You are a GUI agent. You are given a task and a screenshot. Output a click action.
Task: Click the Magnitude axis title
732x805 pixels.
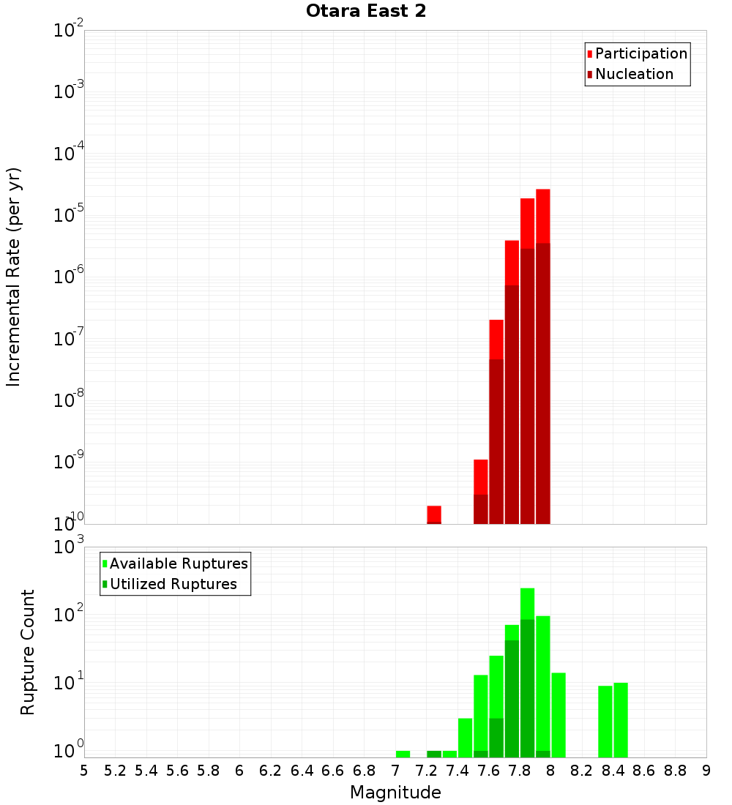click(x=395, y=793)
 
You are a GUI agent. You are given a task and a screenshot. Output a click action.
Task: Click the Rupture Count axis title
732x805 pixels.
click(x=28, y=652)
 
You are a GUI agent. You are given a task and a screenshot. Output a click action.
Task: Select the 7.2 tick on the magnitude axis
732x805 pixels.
click(x=426, y=771)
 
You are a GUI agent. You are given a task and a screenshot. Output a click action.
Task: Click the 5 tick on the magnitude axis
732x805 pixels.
click(x=84, y=771)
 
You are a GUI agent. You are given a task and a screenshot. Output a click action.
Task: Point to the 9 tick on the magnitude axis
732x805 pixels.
click(x=706, y=771)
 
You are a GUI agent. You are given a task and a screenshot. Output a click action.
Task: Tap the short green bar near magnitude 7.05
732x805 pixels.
click(x=403, y=754)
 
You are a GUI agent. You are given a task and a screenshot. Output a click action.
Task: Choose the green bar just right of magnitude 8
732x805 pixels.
click(x=559, y=714)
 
